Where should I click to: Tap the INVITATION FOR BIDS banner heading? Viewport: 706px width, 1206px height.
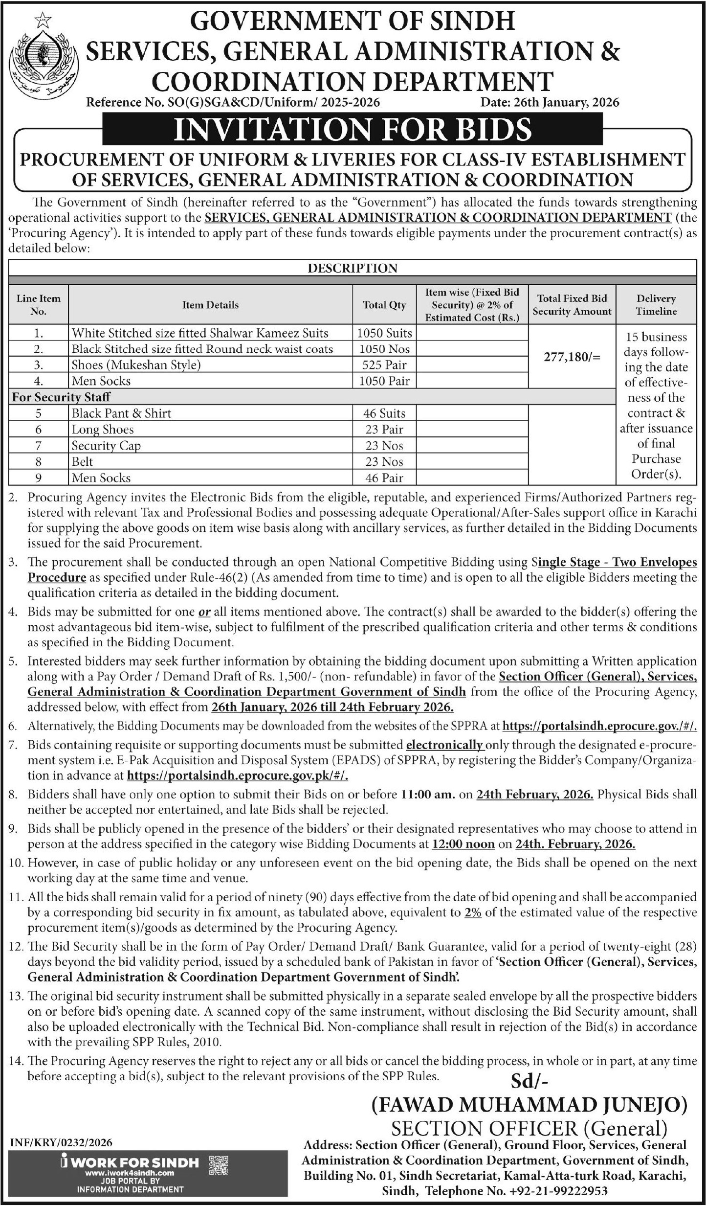tap(352, 129)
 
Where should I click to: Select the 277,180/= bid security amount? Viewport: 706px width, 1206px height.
tap(572, 357)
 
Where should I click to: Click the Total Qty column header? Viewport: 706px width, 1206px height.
tap(384, 305)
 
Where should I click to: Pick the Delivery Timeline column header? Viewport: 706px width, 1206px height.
tap(656, 305)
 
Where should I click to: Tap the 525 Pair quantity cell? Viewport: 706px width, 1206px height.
tap(384, 365)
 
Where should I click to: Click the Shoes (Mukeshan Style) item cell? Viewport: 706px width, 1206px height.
tap(136, 365)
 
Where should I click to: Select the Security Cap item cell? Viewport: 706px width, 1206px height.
tap(106, 446)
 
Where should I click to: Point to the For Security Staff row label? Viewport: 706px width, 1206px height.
tap(61, 397)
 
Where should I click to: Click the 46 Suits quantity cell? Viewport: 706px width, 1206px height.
tap(384, 413)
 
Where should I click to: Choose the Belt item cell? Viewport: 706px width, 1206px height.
tap(82, 462)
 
